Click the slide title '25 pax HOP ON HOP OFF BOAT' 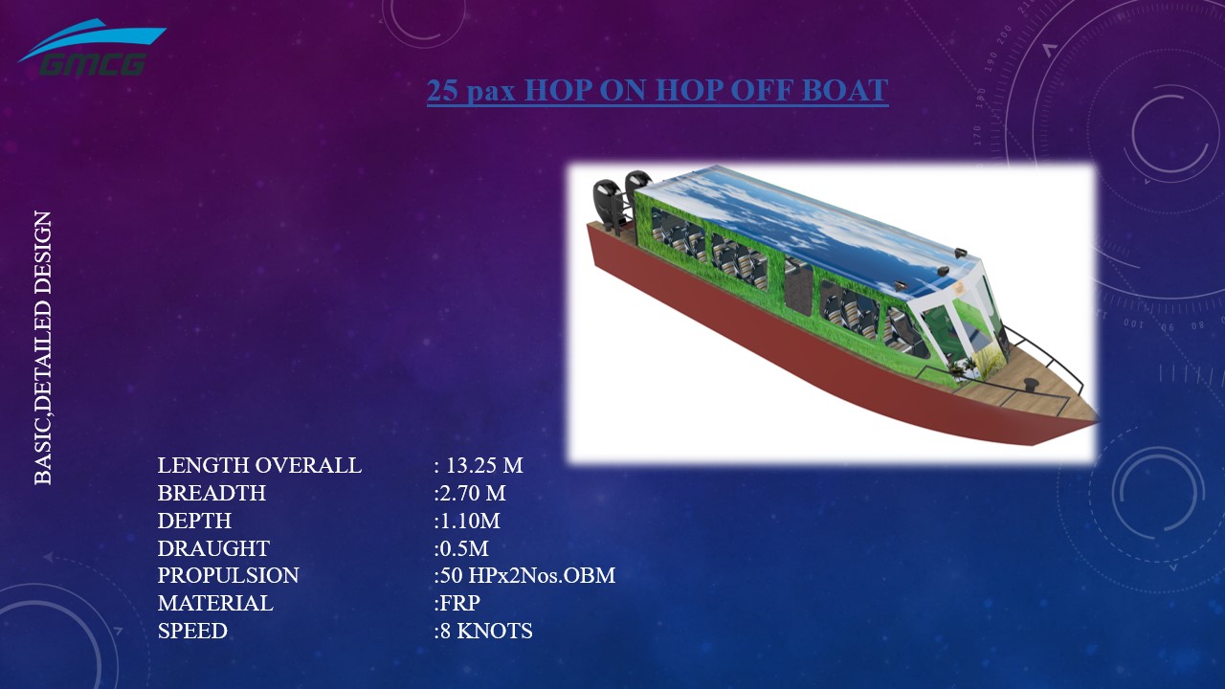coord(657,91)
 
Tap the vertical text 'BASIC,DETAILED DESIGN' coord(43,347)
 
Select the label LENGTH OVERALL coord(259,466)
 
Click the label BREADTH coord(212,494)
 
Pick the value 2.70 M coord(471,494)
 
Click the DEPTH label coord(194,522)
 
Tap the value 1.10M coord(468,522)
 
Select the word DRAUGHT coord(213,549)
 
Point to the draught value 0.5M coord(462,549)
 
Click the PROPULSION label coord(228,576)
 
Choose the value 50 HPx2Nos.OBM coord(525,576)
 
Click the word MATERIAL coord(215,604)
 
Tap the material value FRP coord(458,604)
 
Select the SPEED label coord(192,632)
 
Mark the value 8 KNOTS coord(484,632)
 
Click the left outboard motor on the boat coord(605,204)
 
